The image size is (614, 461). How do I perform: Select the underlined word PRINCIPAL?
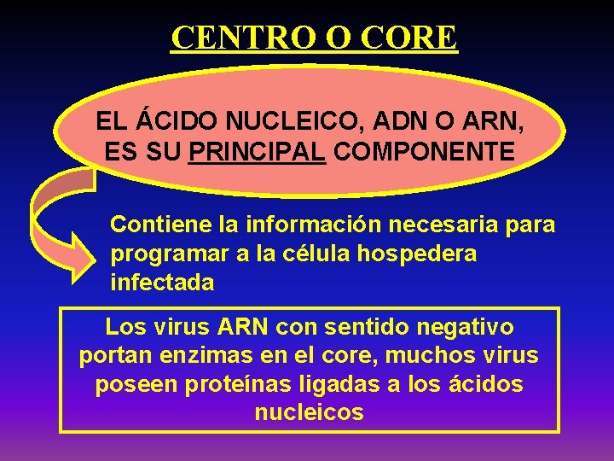point(258,152)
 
